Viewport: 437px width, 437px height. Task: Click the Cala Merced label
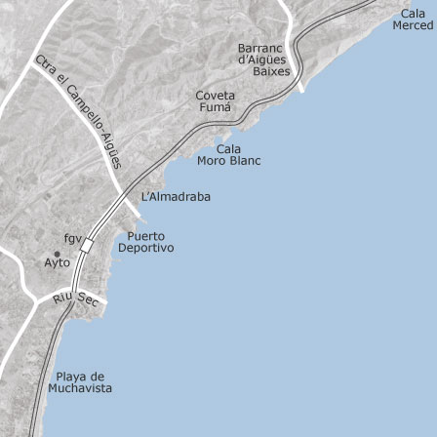point(412,19)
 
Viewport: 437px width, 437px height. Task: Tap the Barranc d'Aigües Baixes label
point(259,60)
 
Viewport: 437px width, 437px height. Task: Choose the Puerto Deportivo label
point(145,243)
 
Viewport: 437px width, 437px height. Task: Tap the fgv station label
point(74,237)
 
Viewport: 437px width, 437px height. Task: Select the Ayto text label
point(59,263)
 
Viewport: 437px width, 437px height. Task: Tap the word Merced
point(412,24)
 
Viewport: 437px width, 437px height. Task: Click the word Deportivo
point(145,249)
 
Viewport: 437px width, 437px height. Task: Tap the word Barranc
point(259,48)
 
